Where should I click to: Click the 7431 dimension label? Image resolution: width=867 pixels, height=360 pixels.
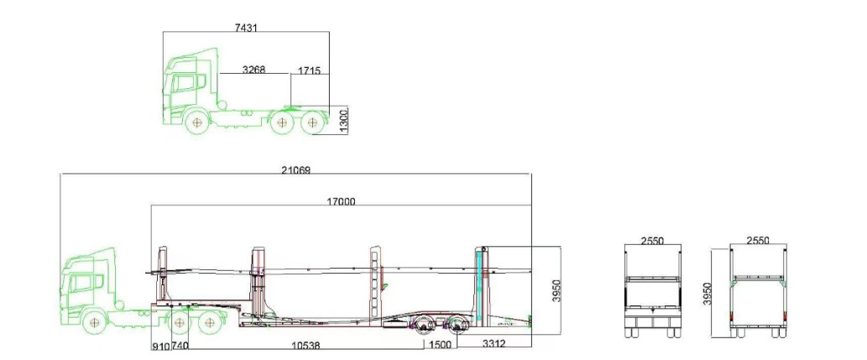coord(245,28)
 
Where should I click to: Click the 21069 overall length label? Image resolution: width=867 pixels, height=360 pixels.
coord(295,170)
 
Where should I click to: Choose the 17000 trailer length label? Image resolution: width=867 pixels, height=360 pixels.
coord(341,201)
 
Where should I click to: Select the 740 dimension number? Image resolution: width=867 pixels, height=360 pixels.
coord(180,345)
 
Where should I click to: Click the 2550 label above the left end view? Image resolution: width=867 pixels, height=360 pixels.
coord(651,241)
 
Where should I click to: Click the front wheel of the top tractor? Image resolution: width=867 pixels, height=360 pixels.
coord(196,123)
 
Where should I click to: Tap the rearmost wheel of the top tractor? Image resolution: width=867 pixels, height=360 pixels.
coord(313,123)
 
